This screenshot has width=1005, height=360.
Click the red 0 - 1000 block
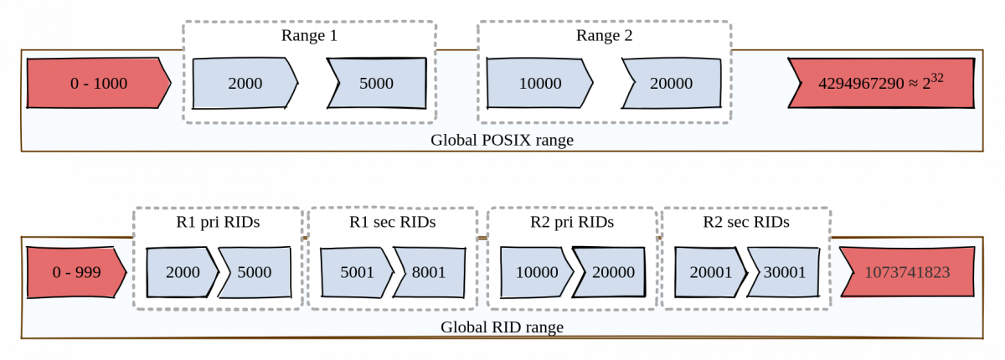98,84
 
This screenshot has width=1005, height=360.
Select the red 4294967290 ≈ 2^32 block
882,84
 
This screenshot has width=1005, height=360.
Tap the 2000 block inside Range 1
245,84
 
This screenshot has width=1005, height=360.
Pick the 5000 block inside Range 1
376,84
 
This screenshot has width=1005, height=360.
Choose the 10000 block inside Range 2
539,84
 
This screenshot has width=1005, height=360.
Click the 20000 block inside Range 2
671,84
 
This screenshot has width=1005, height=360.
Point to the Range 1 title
309,36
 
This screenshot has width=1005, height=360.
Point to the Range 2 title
604,36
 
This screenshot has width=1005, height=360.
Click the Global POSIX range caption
502,140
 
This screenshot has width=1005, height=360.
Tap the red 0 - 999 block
75,272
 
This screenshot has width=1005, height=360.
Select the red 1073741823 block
907,272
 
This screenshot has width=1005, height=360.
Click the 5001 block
357,272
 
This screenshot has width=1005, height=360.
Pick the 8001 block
428,272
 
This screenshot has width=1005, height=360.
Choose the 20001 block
709,272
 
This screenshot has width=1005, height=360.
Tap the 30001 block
784,272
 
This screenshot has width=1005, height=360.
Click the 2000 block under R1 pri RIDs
182,272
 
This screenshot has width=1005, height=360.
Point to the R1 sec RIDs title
392,223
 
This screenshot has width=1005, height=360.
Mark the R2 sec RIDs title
745,223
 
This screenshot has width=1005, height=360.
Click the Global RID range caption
502,327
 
